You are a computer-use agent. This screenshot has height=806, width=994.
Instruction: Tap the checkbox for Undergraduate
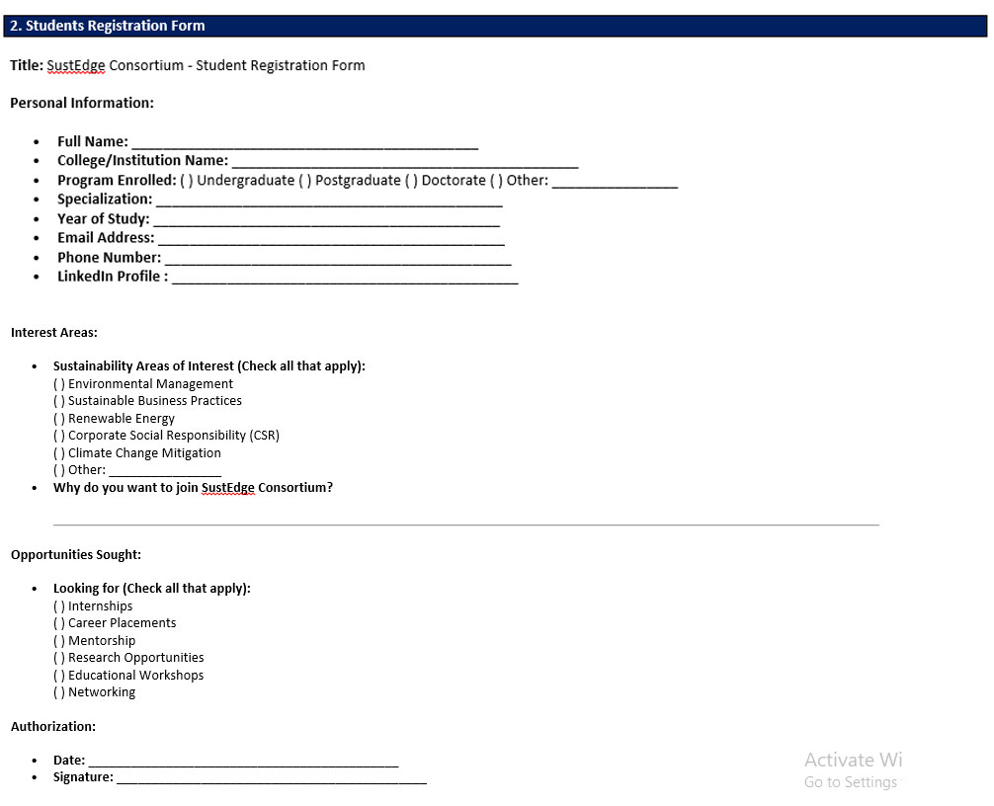tap(187, 181)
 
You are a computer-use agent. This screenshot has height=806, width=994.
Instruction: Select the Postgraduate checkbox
tap(305, 181)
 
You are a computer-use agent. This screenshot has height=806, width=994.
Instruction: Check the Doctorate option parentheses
tap(412, 181)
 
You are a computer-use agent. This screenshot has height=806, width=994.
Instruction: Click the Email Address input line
tap(331, 240)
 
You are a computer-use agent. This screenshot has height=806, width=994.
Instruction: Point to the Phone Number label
tap(109, 258)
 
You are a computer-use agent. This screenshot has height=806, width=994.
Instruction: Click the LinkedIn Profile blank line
tap(345, 280)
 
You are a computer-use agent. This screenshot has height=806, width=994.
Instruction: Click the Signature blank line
tap(271, 779)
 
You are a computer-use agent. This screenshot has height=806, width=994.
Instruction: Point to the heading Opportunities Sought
tap(76, 555)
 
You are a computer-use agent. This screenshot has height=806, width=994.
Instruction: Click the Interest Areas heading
tap(54, 333)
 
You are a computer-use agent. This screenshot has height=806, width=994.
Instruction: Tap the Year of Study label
tap(103, 219)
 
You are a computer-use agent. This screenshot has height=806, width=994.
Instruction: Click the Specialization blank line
tap(329, 201)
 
